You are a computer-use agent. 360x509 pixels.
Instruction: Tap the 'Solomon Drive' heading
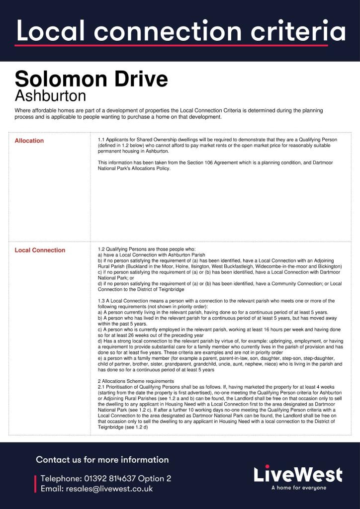click(91, 79)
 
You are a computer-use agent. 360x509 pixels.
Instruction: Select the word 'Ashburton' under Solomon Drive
click(50, 95)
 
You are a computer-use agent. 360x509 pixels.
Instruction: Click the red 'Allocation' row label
click(29, 141)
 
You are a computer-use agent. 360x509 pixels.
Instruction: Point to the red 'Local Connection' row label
click(40, 250)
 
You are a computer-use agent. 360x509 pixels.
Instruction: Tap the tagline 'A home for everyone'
click(298, 488)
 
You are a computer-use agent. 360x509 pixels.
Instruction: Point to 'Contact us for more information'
click(102, 460)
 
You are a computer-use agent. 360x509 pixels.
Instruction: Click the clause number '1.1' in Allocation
click(101, 140)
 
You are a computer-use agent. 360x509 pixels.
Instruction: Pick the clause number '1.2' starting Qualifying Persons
click(101, 249)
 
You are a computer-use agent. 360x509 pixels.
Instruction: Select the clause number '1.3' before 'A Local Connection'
click(101, 301)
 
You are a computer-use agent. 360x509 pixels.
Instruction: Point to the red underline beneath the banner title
click(171, 45)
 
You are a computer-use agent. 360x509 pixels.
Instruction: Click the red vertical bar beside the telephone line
click(35, 484)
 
